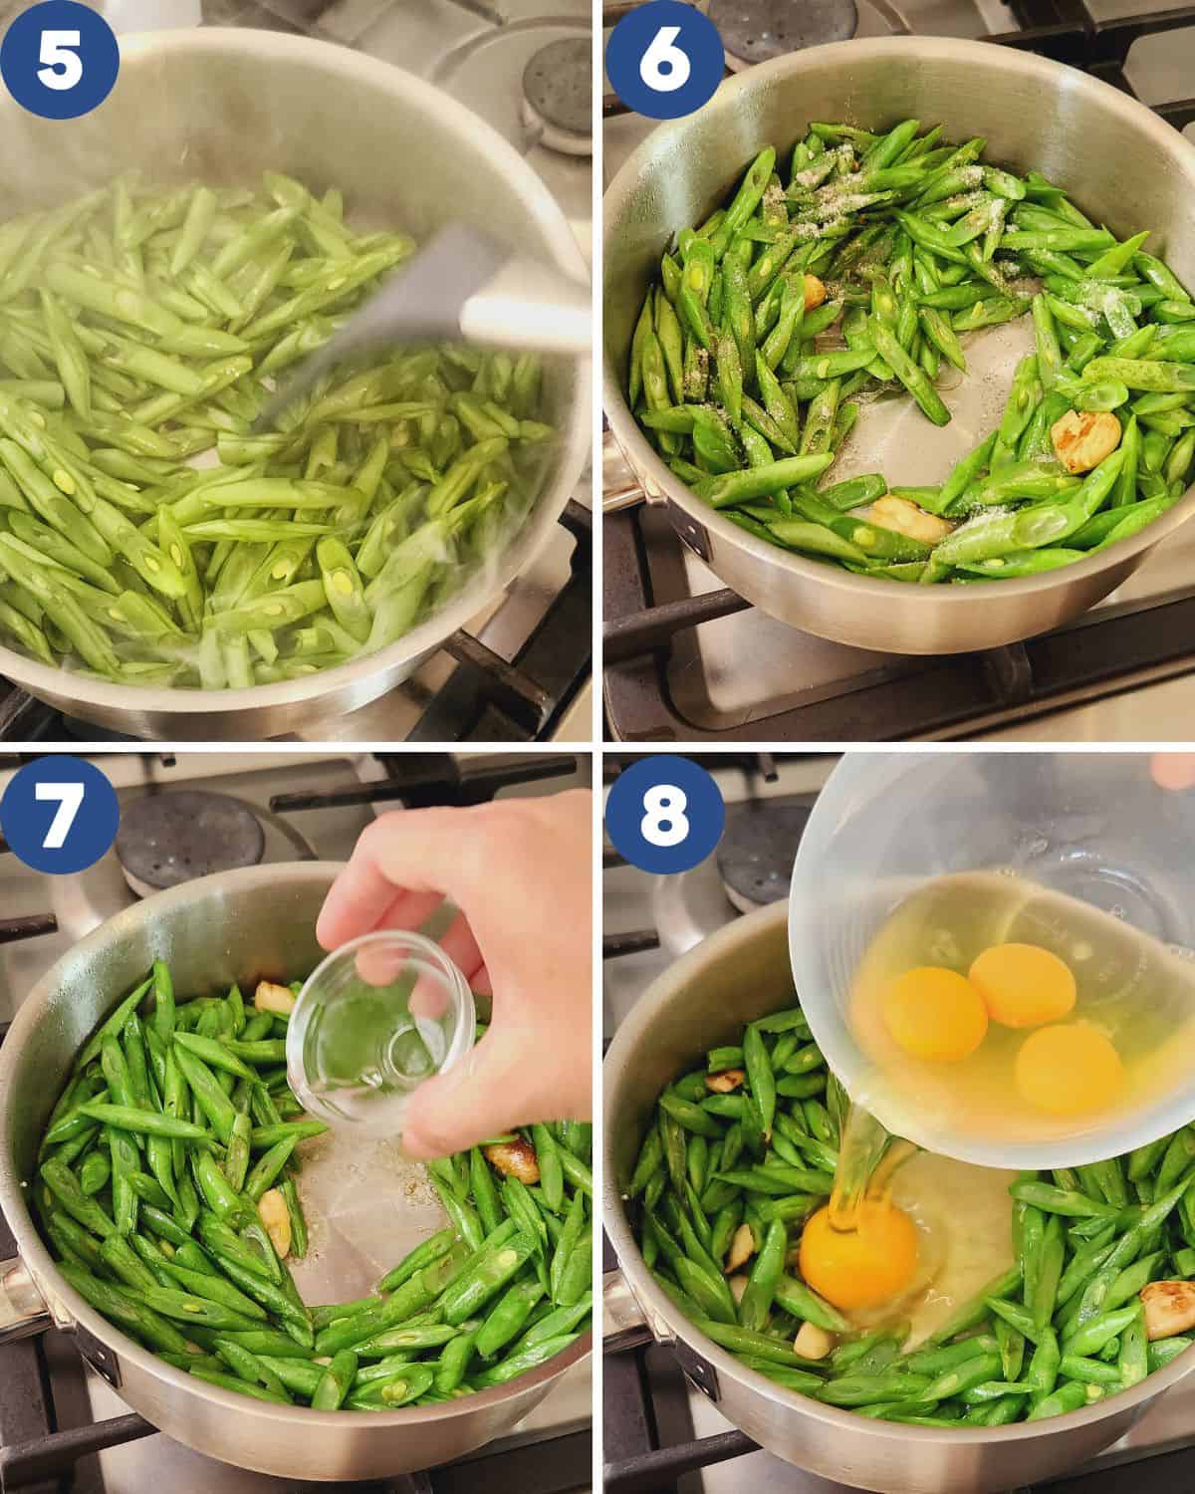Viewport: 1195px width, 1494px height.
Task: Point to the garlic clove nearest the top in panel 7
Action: pos(273,996)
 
